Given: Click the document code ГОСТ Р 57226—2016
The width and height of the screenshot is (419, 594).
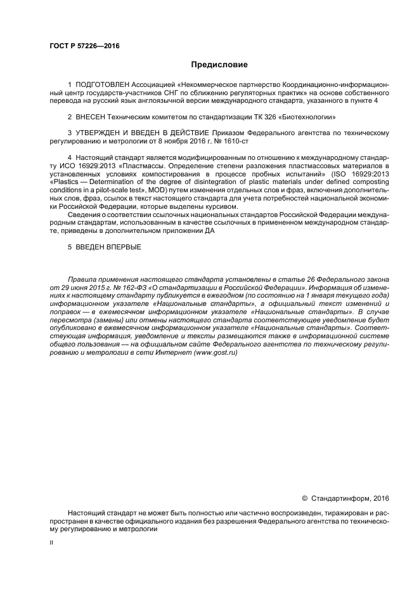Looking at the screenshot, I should [x=84, y=46].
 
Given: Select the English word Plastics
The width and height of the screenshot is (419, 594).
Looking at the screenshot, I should [x=64, y=181].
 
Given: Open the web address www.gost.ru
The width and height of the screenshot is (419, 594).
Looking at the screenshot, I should [x=216, y=353].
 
